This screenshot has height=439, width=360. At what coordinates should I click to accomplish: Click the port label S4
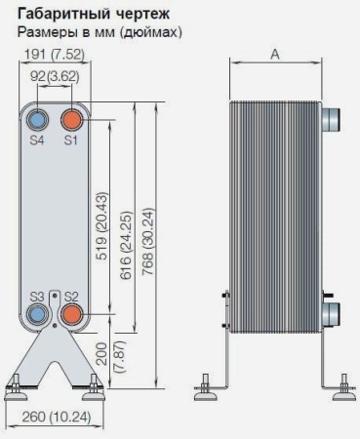38,141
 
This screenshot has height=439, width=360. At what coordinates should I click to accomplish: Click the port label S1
71,141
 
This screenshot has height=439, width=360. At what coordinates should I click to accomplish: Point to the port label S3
38,296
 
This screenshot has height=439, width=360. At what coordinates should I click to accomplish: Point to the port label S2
71,296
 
